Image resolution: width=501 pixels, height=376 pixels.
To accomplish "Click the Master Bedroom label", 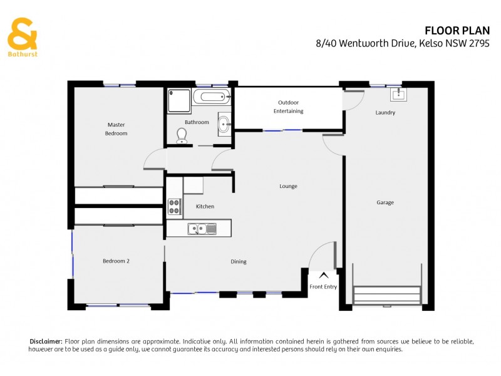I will [x=116, y=129].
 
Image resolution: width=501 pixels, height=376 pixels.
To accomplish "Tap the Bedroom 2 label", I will [x=116, y=261].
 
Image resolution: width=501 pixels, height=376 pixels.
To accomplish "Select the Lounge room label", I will [x=288, y=186].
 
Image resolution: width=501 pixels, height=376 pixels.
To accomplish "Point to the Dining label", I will [x=238, y=262].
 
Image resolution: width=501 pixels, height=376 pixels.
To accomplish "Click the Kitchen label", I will [x=205, y=206].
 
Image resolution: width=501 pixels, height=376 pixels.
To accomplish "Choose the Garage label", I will [x=385, y=202].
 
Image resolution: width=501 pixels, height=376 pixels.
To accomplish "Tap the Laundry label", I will [x=385, y=113].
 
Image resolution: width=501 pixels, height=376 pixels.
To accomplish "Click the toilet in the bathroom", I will [x=182, y=135].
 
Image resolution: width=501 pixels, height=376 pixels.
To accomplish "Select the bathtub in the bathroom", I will [x=212, y=97].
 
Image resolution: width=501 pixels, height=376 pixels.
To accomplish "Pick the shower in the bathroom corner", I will [x=178, y=100].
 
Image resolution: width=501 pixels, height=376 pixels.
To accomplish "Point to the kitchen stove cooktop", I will [x=174, y=207].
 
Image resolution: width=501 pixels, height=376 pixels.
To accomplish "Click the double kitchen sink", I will [x=202, y=229].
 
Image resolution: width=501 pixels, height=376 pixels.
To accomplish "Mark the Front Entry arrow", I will [x=323, y=274].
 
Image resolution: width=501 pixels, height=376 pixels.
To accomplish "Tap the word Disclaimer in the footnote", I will [x=46, y=341].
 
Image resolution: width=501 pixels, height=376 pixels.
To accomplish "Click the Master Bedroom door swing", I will [x=153, y=162].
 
